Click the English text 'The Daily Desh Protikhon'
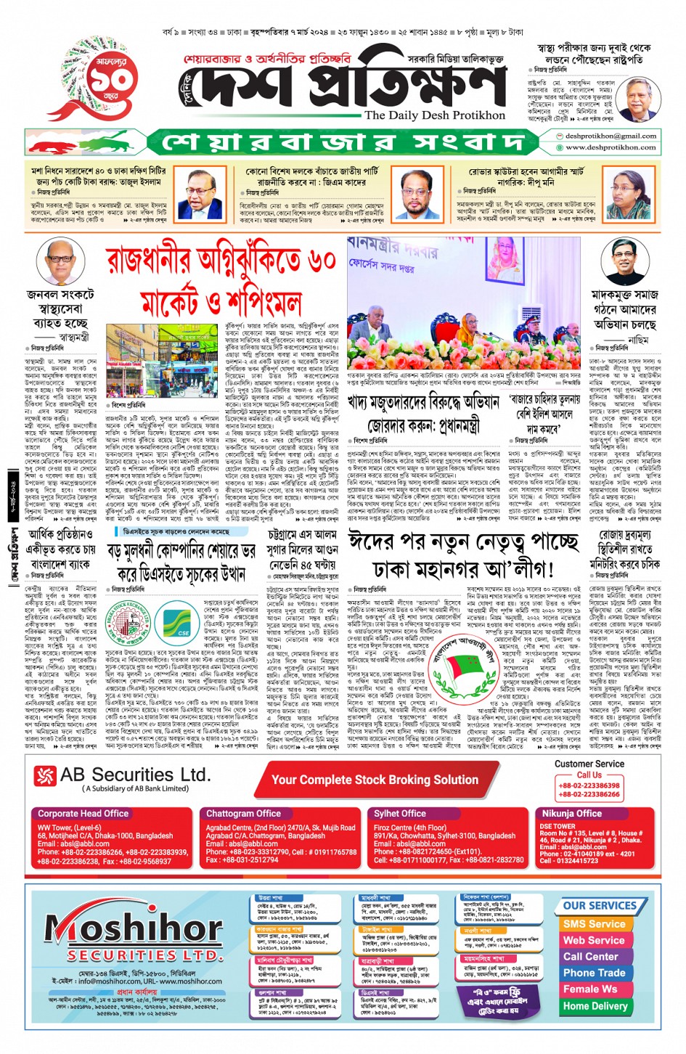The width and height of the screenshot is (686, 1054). (x=435, y=115)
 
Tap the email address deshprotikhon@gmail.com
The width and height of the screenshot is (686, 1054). (x=611, y=136)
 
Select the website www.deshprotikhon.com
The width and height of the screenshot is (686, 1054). (x=611, y=147)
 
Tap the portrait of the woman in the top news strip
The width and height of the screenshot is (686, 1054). (x=631, y=196)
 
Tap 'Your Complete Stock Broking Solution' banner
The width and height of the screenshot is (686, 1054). (x=375, y=780)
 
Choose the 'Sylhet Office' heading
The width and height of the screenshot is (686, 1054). (x=400, y=814)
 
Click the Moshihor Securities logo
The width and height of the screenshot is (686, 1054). (x=134, y=936)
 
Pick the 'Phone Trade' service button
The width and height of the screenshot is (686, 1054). (x=594, y=973)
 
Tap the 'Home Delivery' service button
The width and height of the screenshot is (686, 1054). (x=595, y=1006)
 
